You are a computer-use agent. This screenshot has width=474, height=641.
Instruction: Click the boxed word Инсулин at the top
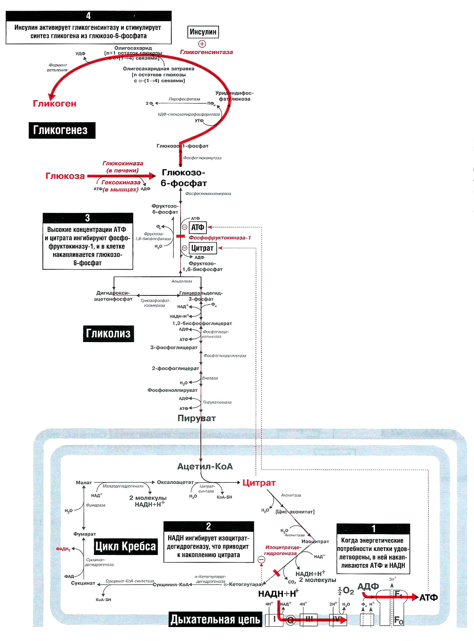[203, 32]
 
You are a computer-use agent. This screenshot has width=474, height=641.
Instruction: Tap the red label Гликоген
[55, 104]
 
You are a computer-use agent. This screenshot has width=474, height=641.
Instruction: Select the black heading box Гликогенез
[62, 130]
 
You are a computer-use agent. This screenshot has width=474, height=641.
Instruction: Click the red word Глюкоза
[65, 176]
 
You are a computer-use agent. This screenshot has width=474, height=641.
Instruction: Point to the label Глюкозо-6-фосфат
[183, 178]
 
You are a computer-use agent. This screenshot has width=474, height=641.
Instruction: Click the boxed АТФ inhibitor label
[197, 227]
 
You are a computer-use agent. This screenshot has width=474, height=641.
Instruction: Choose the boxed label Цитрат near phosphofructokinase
[202, 248]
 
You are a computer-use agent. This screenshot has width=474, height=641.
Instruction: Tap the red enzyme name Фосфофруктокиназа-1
[220, 238]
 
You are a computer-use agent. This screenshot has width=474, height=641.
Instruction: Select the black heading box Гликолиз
[108, 333]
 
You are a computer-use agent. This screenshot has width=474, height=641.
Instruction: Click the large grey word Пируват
[196, 418]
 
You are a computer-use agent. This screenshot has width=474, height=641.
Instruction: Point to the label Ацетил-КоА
[205, 466]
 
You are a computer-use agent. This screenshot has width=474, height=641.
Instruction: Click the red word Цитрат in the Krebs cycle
[259, 483]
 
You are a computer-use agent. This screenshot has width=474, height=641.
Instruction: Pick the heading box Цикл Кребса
[125, 546]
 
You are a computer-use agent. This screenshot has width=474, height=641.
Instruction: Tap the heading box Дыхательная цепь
[215, 619]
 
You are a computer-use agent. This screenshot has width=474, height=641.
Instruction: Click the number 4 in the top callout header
[88, 16]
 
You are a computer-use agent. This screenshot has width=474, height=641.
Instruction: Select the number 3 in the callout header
[88, 218]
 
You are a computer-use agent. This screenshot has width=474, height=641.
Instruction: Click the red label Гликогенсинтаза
[206, 52]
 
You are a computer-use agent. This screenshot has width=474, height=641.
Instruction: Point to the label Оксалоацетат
[175, 482]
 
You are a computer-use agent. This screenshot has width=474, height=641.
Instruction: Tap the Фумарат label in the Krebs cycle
[85, 534]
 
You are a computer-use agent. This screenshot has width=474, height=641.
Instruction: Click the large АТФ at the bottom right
[428, 597]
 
